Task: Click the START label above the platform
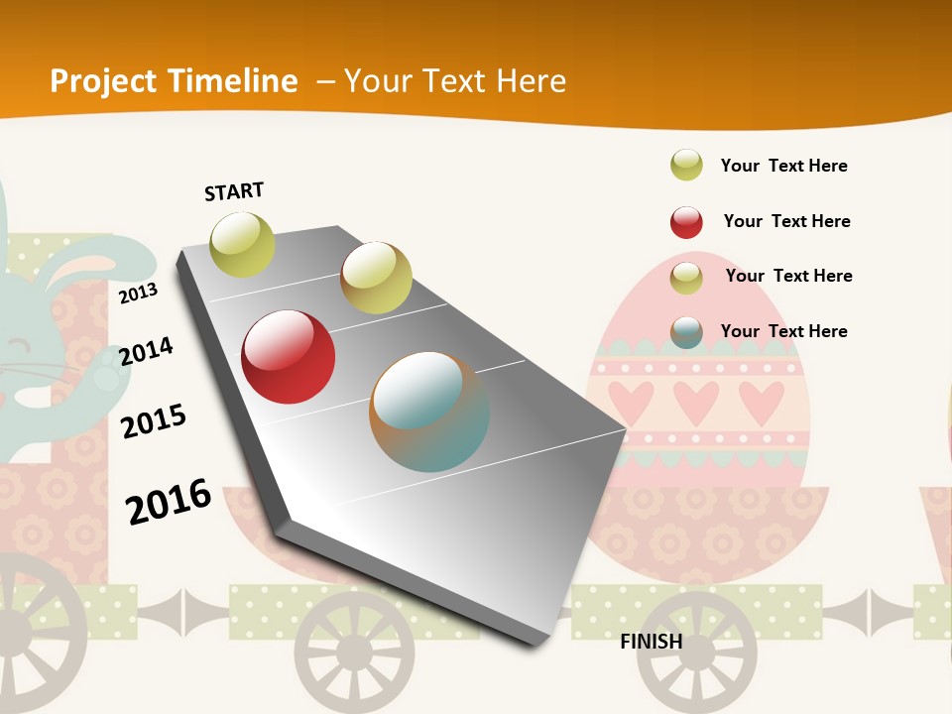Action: (x=234, y=191)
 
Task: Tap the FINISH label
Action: (x=652, y=642)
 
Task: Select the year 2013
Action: (x=138, y=293)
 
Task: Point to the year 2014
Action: (x=146, y=351)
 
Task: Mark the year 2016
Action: (x=169, y=502)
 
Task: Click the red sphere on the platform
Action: (x=289, y=357)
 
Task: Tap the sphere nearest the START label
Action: (x=243, y=245)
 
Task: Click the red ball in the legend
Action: (x=686, y=222)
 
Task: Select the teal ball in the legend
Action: (x=686, y=332)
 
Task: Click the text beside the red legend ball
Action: (x=786, y=221)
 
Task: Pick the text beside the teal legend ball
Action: (x=783, y=331)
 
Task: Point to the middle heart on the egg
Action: (x=696, y=401)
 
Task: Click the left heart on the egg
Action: (x=633, y=401)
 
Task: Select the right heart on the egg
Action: (x=762, y=401)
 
